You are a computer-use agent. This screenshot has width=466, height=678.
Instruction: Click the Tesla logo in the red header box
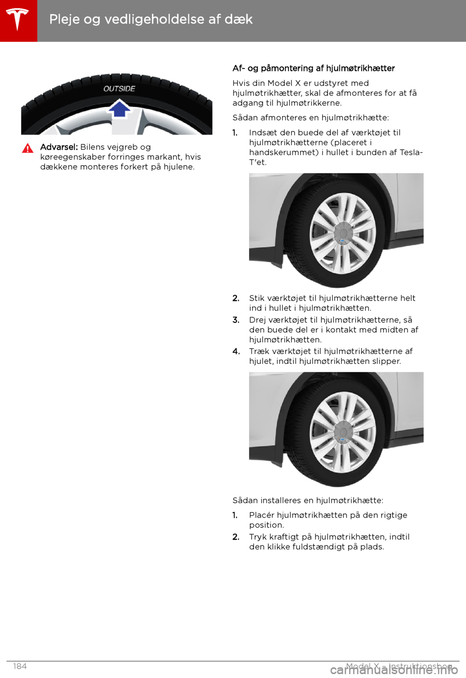18,20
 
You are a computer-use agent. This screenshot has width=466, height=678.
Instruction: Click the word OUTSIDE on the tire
119,88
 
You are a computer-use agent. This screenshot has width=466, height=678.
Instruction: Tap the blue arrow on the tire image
119,108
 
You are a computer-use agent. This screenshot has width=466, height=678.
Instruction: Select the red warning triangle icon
28,149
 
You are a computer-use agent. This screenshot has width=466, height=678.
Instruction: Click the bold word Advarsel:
59,147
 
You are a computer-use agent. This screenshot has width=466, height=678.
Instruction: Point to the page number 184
20,666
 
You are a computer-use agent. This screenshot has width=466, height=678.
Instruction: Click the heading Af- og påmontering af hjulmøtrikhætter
314,68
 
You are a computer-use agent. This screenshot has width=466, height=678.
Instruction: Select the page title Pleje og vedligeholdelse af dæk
150,19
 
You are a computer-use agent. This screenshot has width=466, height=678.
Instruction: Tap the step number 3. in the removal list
236,320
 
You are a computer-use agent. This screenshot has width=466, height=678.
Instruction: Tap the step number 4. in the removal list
236,352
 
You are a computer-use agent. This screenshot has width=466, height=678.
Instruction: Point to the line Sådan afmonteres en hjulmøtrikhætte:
311,118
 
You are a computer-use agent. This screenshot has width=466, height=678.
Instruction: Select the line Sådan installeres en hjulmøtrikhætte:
308,500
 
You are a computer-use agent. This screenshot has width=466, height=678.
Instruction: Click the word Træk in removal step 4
259,352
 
